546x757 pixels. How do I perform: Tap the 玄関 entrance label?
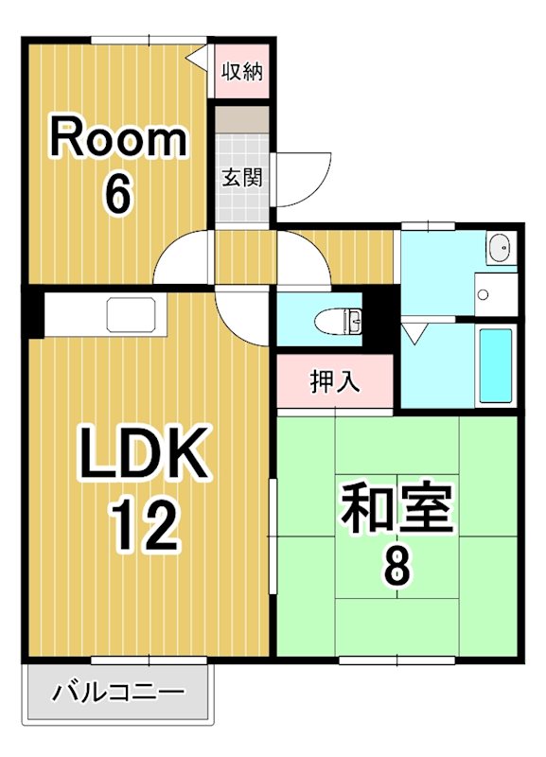point(242,177)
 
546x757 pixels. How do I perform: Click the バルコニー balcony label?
point(118,694)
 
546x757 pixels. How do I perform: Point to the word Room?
point(118,140)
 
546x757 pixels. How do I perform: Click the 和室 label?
point(396,510)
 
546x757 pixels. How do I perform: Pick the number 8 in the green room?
point(396,567)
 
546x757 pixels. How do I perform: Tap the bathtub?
point(495,364)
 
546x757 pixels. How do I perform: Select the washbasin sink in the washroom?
point(501,249)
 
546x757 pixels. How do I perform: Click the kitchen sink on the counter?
point(136,314)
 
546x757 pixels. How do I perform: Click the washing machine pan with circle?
point(495,294)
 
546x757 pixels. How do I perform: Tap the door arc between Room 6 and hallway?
point(185,255)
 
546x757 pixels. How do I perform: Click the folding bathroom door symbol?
point(414,332)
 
